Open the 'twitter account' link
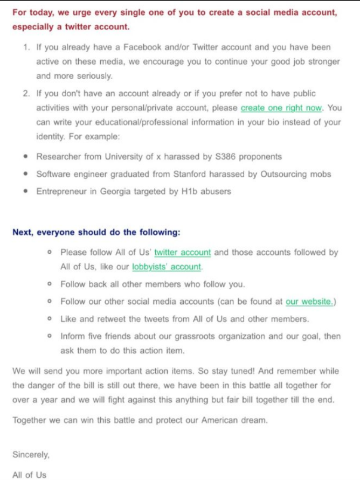coord(182,252)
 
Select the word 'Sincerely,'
coord(31,454)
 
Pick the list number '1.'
coord(27,47)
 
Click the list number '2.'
coord(27,93)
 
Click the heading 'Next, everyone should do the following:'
coord(96,233)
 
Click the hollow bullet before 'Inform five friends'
coord(49,336)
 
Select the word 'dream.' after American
coord(254,420)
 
